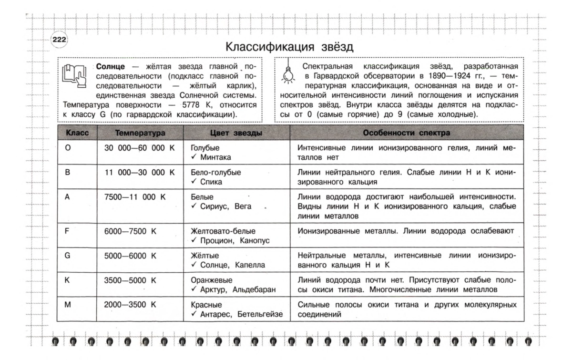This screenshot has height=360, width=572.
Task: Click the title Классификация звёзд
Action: coord(289,47)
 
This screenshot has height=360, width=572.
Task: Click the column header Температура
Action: coord(140,133)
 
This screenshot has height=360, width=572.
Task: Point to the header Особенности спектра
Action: coord(406,133)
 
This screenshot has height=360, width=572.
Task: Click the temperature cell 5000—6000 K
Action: coord(130,255)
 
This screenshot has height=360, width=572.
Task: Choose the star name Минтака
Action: coord(215,157)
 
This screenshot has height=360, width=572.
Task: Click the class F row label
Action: coord(67,231)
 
